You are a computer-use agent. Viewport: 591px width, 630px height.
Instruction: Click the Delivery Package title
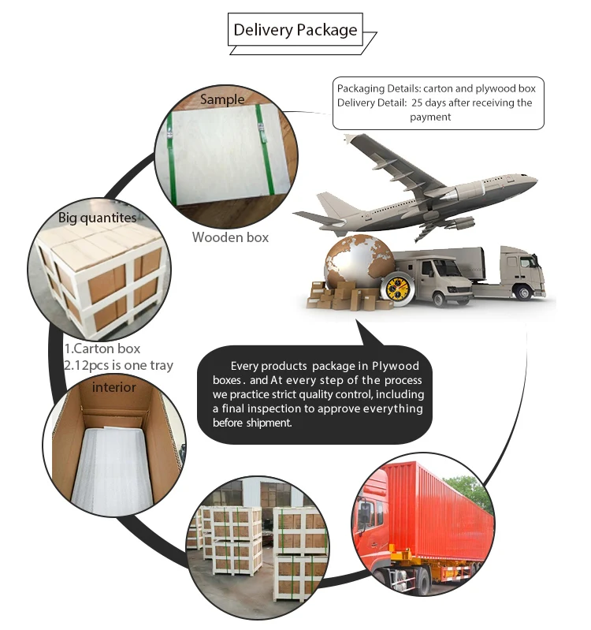(x=295, y=31)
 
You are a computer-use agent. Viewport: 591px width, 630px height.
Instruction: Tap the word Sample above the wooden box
(x=223, y=99)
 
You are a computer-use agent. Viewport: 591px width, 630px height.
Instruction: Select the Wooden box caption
(x=231, y=237)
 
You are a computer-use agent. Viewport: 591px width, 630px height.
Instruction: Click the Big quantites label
(x=97, y=217)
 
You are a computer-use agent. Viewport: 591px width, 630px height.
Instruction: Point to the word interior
(x=114, y=387)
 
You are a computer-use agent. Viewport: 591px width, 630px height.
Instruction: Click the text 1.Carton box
(x=102, y=348)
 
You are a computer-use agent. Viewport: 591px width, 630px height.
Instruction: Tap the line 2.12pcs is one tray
(x=118, y=365)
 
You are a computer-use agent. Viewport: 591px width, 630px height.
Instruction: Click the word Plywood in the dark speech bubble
(x=394, y=366)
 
